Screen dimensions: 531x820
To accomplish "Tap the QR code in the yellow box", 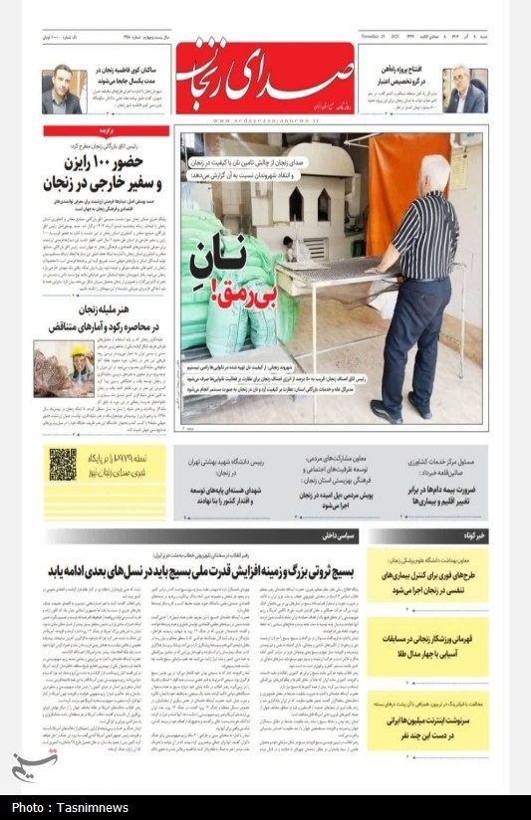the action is coord(63,464).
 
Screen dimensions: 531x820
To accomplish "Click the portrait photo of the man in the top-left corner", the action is coord(61,90).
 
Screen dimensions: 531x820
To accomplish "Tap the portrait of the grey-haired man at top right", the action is coord(464,90).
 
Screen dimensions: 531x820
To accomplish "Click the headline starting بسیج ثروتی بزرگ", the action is coord(199,571).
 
